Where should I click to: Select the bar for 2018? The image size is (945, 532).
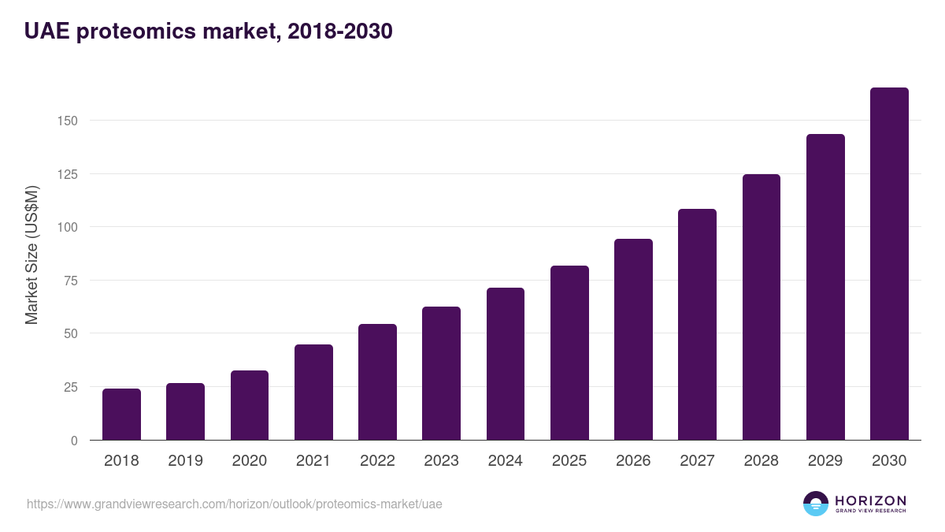tap(121, 415)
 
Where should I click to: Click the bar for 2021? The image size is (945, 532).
tap(313, 392)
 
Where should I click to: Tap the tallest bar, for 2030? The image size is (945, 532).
tap(889, 264)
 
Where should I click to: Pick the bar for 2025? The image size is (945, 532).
tap(569, 353)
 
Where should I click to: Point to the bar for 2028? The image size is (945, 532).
tap(762, 307)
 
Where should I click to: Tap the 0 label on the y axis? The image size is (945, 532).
tap(74, 441)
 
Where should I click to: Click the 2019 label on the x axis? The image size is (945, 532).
tap(185, 461)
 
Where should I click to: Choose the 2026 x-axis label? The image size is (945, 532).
tap(633, 461)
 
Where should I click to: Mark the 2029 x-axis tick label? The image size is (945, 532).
tap(825, 461)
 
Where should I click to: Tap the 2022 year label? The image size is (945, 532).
tap(377, 461)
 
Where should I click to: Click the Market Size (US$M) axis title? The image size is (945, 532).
tap(31, 255)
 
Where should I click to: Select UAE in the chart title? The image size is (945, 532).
tap(45, 32)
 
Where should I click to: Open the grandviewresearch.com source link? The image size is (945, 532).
tap(235, 504)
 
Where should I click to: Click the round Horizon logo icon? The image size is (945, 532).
tap(816, 504)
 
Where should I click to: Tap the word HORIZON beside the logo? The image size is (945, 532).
tap(871, 500)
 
